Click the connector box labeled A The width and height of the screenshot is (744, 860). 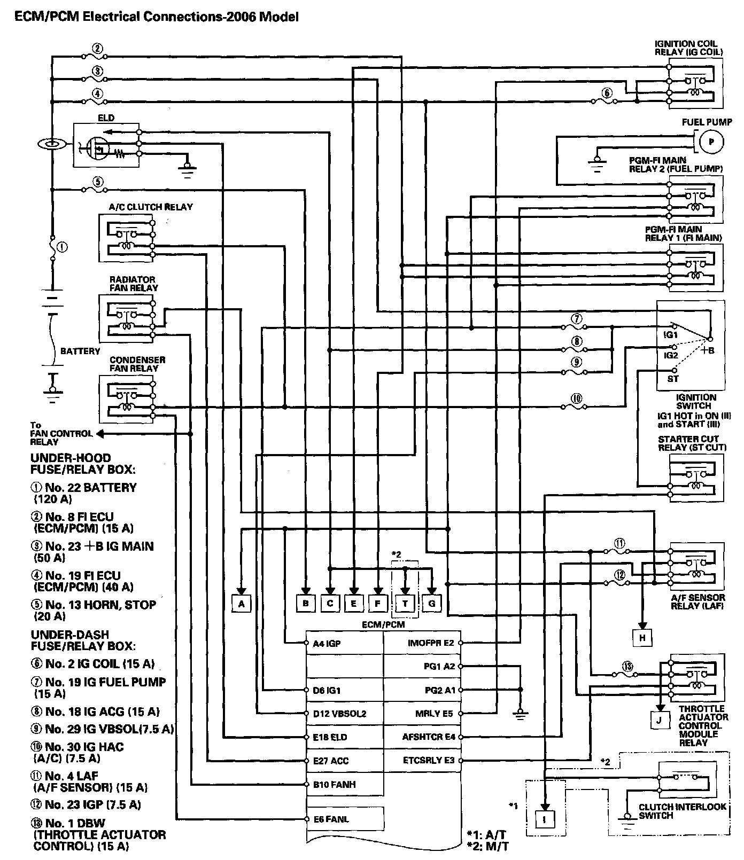click(x=242, y=603)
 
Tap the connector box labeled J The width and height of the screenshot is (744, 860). click(x=660, y=720)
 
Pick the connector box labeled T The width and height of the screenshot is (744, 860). click(x=405, y=603)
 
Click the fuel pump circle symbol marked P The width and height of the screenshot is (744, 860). click(x=710, y=142)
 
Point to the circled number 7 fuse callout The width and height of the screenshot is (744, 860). click(x=576, y=319)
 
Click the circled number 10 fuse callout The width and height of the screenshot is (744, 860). click(x=576, y=398)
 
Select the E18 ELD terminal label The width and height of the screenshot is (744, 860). click(x=330, y=737)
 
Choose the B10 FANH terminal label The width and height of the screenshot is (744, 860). click(x=334, y=785)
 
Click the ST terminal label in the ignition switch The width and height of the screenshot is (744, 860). click(x=673, y=379)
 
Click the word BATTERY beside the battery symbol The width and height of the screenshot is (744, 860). click(x=80, y=351)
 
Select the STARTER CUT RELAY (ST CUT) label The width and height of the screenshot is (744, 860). click(x=692, y=443)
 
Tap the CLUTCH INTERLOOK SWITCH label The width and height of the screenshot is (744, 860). click(x=683, y=811)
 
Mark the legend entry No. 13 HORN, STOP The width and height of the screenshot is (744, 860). click(x=94, y=611)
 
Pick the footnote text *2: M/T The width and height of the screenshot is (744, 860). click(x=487, y=846)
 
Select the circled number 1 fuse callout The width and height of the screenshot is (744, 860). click(x=62, y=247)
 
